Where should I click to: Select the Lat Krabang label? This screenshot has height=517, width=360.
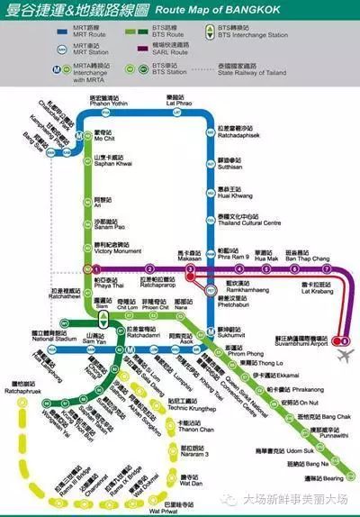[x=317, y=289]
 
